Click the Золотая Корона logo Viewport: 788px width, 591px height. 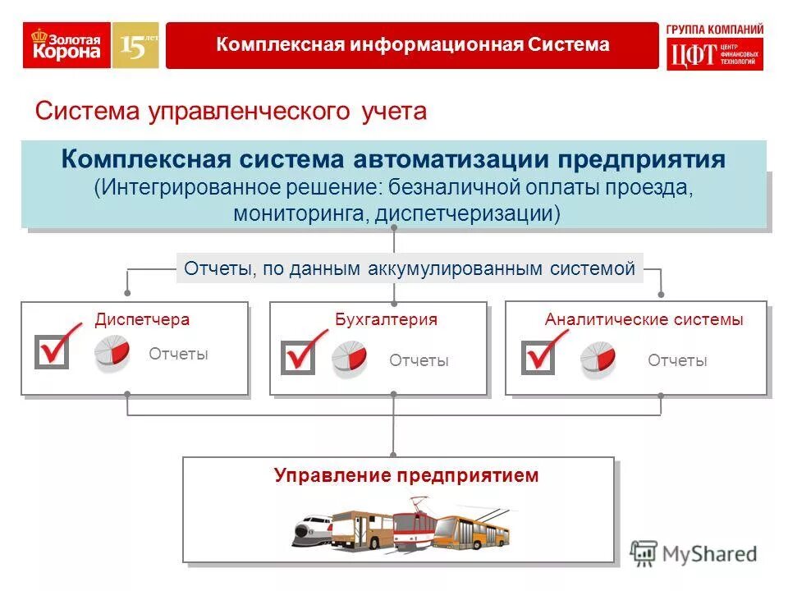(x=66, y=45)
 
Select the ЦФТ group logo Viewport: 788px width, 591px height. (x=714, y=47)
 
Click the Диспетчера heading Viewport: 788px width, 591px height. (x=142, y=320)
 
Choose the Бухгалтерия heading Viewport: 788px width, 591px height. (x=386, y=320)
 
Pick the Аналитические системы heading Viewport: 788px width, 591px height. (x=644, y=320)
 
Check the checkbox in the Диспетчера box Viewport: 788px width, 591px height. (x=52, y=351)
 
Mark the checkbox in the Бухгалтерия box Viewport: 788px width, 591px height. (x=297, y=358)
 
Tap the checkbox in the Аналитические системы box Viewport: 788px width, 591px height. (x=538, y=358)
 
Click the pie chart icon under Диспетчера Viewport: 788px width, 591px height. (x=112, y=354)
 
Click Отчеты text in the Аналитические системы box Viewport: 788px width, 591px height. (x=677, y=360)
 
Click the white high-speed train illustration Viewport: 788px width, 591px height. (x=312, y=529)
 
